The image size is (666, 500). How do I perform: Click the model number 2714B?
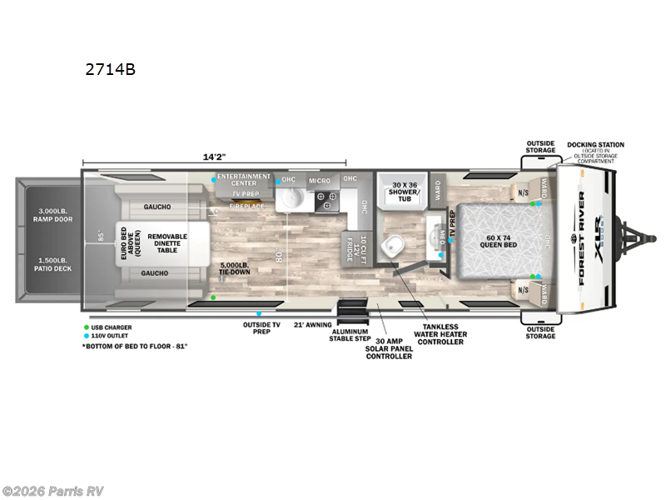click(110, 70)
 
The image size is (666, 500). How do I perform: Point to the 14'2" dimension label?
click(215, 155)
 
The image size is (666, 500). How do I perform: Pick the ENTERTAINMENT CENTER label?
click(243, 180)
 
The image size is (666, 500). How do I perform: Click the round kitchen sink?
click(291, 198)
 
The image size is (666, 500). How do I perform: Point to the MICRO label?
click(320, 181)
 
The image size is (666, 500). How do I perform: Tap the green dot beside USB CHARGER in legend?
click(86, 327)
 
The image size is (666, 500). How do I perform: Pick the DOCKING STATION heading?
click(596, 145)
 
